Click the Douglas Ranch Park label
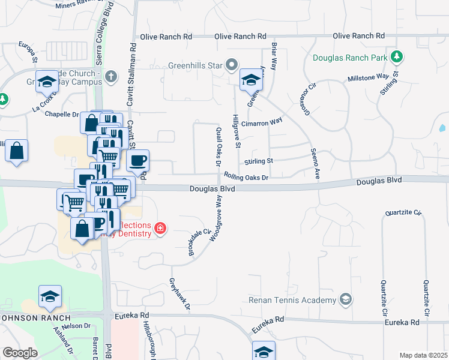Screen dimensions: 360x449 350,58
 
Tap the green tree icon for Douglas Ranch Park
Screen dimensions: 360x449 396,58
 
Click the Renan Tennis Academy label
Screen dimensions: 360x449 292,299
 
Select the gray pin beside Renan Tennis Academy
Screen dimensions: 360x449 345,299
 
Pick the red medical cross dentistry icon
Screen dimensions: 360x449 160,228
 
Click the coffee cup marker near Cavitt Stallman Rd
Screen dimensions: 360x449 138,161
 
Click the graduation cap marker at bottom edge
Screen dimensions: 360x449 264,352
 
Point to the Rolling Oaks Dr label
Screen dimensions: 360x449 246,177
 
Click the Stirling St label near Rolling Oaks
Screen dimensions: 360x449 258,161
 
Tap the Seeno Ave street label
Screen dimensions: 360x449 315,164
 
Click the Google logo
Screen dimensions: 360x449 20,353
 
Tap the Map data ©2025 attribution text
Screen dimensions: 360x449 423,355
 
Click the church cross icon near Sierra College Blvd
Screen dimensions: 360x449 110,76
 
